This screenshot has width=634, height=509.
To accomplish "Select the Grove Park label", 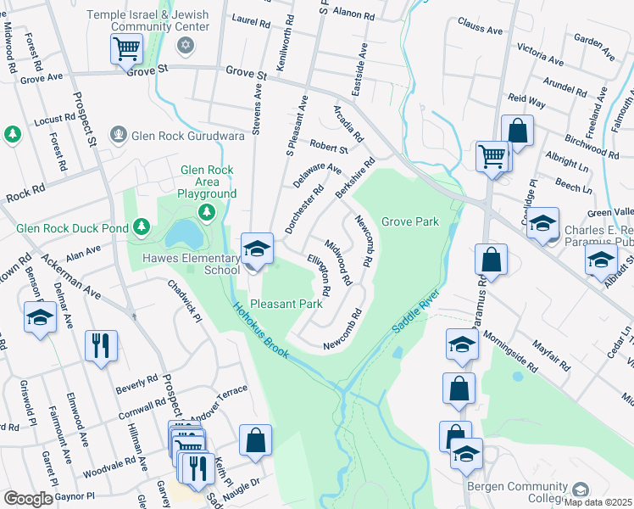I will point(409,221).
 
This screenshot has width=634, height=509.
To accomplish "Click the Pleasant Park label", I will point(286,303).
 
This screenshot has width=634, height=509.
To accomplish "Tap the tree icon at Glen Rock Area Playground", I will point(205,210).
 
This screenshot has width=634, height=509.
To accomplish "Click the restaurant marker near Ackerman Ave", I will point(100,345).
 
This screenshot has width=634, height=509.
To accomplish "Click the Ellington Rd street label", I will point(320,273).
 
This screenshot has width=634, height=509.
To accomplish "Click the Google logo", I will point(27,498).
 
